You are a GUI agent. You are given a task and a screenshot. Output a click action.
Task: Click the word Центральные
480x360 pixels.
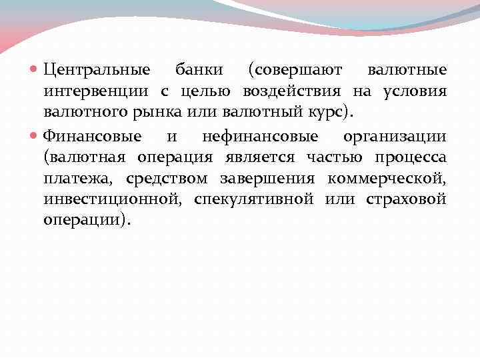click(97, 69)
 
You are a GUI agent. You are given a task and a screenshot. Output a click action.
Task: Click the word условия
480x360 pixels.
click(415, 91)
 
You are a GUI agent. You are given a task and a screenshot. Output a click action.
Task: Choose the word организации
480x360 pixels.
click(395, 136)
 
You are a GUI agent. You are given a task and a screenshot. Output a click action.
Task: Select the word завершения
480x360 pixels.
click(273, 179)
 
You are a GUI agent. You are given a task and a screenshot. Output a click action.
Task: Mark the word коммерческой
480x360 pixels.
click(387, 179)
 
